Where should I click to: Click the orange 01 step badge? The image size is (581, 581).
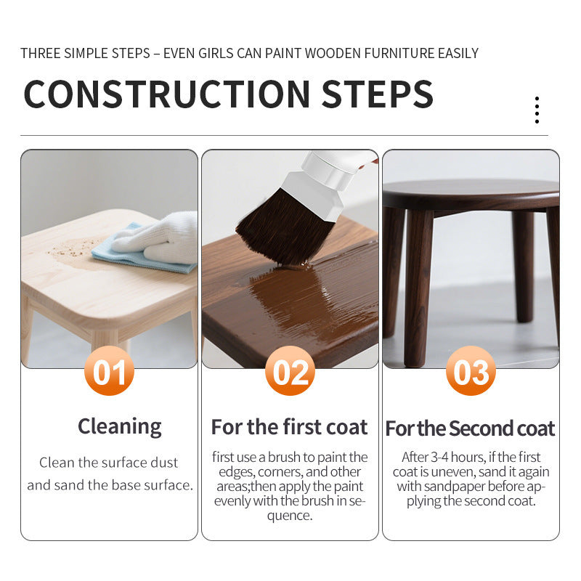pyautogui.click(x=110, y=371)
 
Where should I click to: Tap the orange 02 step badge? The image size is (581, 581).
pyautogui.click(x=290, y=371)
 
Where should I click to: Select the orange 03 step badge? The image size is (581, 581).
pyautogui.click(x=471, y=371)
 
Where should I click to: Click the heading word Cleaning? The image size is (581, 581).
pyautogui.click(x=120, y=427)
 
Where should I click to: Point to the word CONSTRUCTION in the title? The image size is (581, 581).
pyautogui.click(x=167, y=94)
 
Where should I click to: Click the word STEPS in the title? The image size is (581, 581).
pyautogui.click(x=377, y=94)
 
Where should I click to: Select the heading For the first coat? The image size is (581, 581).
pyautogui.click(x=289, y=427)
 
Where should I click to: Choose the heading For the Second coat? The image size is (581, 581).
pyautogui.click(x=470, y=428)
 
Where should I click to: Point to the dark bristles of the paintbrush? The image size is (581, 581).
pyautogui.click(x=282, y=228)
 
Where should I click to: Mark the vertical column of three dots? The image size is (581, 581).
pyautogui.click(x=537, y=110)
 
